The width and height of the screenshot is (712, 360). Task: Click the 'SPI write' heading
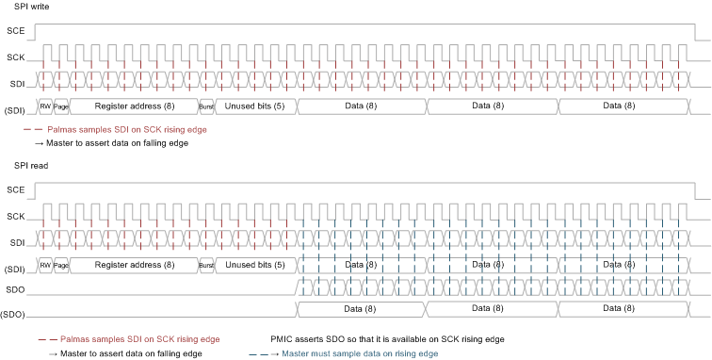[34, 8]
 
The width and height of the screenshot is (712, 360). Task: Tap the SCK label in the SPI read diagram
[14, 217]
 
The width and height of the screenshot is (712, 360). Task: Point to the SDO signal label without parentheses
[14, 288]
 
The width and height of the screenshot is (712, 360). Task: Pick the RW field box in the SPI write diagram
[45, 106]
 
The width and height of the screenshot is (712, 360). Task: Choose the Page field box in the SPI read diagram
[62, 265]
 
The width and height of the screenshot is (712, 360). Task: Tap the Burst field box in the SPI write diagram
[207, 106]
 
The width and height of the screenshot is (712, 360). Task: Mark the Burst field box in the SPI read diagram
[207, 265]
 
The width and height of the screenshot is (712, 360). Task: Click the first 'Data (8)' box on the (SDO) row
[362, 308]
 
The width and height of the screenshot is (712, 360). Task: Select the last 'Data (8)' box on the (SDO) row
[621, 308]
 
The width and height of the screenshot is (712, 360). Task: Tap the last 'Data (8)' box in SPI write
[621, 106]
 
